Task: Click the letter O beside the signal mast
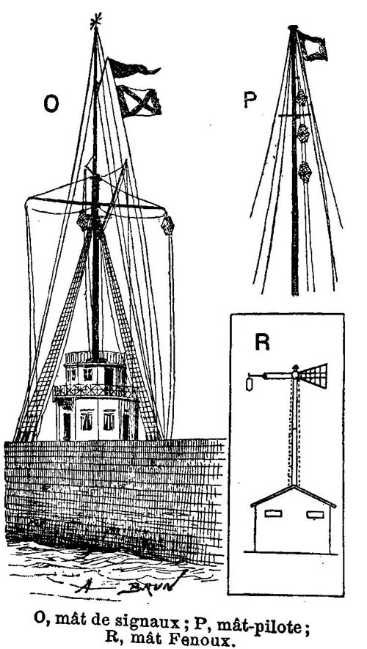[x=51, y=104]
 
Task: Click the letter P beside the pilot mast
[x=250, y=99]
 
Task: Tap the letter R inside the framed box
[x=262, y=342]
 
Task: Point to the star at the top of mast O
[x=95, y=21]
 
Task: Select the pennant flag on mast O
[x=133, y=68]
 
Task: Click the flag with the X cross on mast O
[x=139, y=100]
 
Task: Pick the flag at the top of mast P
[x=313, y=45]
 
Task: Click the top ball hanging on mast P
[x=302, y=98]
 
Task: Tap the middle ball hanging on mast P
[x=303, y=133]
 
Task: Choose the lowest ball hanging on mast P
[x=305, y=172]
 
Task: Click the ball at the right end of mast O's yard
[x=168, y=224]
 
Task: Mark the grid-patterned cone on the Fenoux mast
[x=313, y=375]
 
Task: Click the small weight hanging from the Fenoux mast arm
[x=250, y=383]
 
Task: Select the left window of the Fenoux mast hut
[x=273, y=513]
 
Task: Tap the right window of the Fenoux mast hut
[x=315, y=515]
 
